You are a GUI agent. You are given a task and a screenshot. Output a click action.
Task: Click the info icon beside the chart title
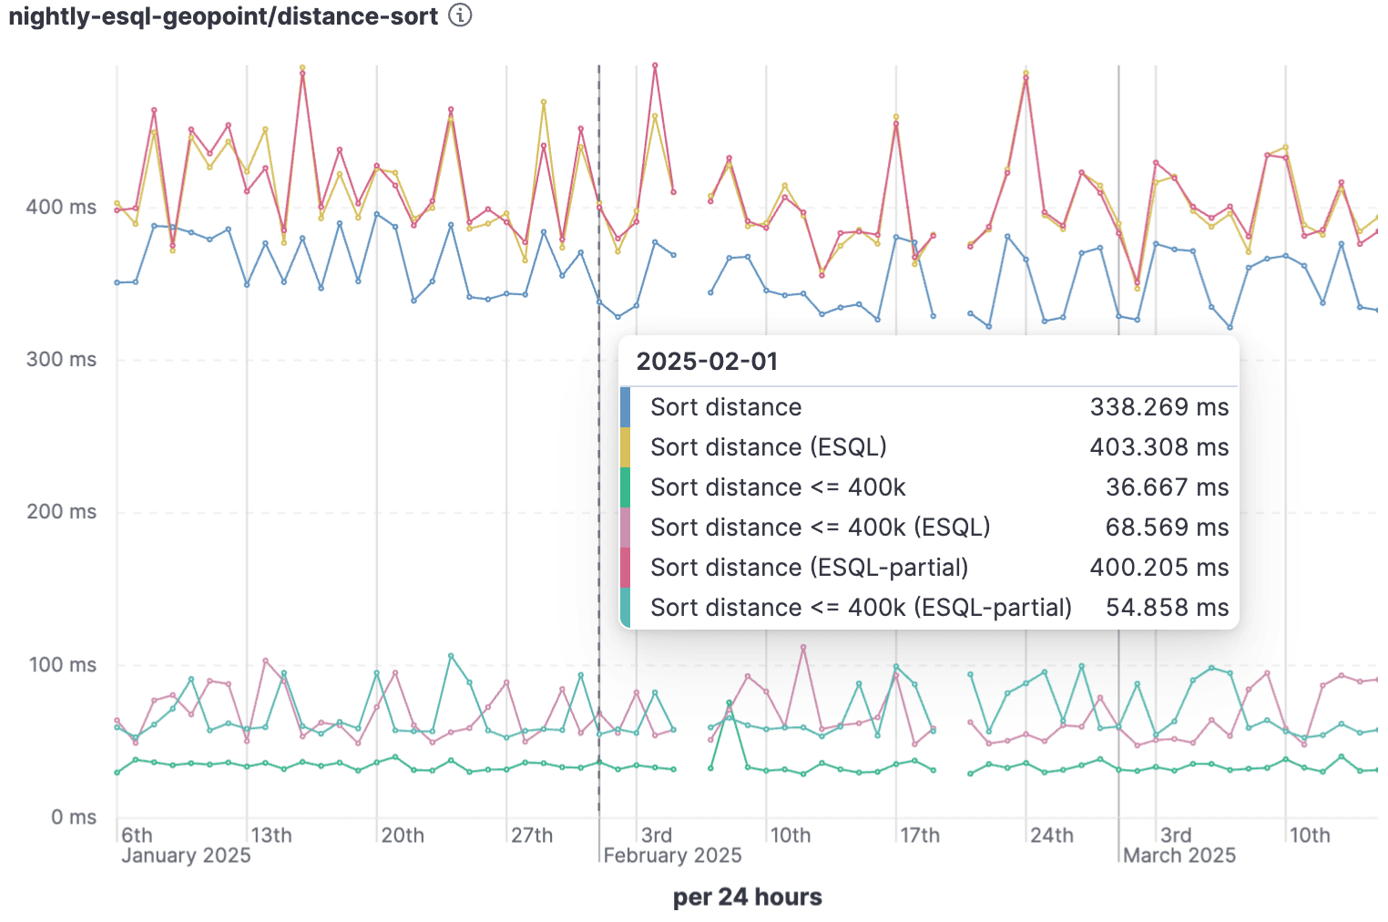tap(461, 15)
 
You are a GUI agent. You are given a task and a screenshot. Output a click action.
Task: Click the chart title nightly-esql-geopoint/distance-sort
tap(223, 16)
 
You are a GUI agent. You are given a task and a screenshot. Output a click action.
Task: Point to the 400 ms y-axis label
tap(61, 207)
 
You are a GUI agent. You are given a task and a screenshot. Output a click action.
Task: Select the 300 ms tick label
tap(61, 359)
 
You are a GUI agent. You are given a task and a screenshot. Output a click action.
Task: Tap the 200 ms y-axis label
tap(61, 511)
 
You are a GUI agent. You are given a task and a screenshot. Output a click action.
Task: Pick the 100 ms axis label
tap(62, 664)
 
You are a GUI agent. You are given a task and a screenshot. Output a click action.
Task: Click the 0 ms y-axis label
tap(74, 816)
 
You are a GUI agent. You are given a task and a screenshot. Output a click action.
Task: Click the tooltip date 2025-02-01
tap(707, 362)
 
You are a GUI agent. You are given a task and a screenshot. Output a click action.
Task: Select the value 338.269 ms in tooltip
tap(1158, 407)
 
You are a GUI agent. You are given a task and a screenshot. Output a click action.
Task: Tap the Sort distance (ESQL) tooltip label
tap(768, 447)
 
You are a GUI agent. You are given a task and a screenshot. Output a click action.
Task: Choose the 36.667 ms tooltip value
tap(1167, 487)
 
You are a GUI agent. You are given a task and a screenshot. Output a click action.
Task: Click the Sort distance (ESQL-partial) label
tap(809, 568)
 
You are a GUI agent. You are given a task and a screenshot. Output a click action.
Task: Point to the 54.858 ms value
tap(1167, 608)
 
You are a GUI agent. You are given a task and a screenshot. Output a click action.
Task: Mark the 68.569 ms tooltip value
tap(1167, 528)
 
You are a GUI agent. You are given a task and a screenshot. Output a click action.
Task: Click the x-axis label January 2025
tap(186, 855)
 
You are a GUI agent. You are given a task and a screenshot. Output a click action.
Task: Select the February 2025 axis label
tap(672, 855)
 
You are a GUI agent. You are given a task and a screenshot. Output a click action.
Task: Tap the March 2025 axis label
tap(1179, 855)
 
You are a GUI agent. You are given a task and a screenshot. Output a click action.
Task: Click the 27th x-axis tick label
tap(532, 835)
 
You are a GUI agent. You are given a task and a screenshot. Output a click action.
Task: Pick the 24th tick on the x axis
tap(1052, 835)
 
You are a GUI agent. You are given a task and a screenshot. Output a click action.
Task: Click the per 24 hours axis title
tap(747, 897)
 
